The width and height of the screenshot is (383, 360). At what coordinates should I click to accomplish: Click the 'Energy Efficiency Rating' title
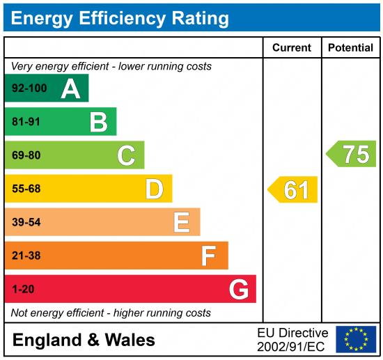pos(120,17)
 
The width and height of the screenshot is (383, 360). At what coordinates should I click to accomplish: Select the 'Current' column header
pos(291,48)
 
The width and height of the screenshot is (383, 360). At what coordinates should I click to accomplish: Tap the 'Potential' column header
pos(350,48)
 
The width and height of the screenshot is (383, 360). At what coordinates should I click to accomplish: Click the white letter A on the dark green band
pos(70,88)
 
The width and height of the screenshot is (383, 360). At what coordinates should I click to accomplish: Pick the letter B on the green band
pos(98,122)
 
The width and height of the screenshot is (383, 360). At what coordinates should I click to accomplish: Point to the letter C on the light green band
pos(126,155)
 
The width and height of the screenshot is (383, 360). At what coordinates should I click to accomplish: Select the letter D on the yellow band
pos(154,189)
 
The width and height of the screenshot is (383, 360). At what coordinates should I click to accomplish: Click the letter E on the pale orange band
pos(181,222)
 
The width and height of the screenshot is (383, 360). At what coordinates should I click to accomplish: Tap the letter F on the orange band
pos(208,256)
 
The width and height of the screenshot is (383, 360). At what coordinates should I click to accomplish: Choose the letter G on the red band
pos(238,289)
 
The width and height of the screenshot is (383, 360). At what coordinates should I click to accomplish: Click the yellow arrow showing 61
pos(293,189)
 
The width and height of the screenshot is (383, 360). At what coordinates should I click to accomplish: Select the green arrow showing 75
pos(352,154)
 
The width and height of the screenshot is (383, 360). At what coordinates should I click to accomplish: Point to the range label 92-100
pos(30,88)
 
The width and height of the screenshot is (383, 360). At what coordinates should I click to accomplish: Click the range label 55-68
pos(26,189)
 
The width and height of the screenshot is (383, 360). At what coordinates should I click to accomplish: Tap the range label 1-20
pos(23,289)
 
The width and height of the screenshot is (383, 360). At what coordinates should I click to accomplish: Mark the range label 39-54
pos(26,222)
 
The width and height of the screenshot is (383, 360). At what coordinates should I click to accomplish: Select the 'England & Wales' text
pos(84,340)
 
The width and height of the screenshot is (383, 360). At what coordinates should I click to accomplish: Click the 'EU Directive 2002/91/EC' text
pos(292,339)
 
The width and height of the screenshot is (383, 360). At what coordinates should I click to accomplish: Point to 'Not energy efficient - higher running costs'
pos(111,313)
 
